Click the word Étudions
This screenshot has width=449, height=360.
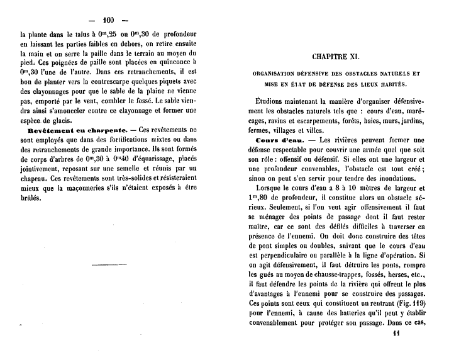tap(276, 101)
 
